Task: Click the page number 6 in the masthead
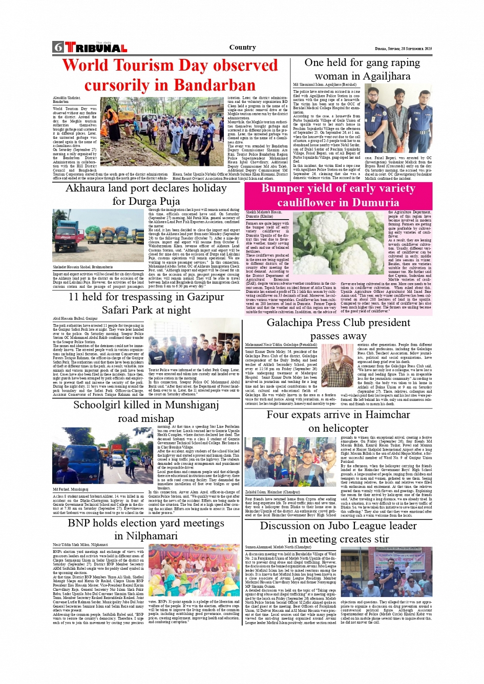point(57,48)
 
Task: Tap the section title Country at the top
point(242,47)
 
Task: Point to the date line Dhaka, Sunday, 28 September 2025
point(403,49)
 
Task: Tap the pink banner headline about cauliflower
point(338,195)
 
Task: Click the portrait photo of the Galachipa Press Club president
point(336,366)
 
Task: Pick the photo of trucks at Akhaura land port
point(98,236)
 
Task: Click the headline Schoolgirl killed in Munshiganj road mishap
point(146,411)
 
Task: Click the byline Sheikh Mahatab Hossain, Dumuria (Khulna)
point(264,214)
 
